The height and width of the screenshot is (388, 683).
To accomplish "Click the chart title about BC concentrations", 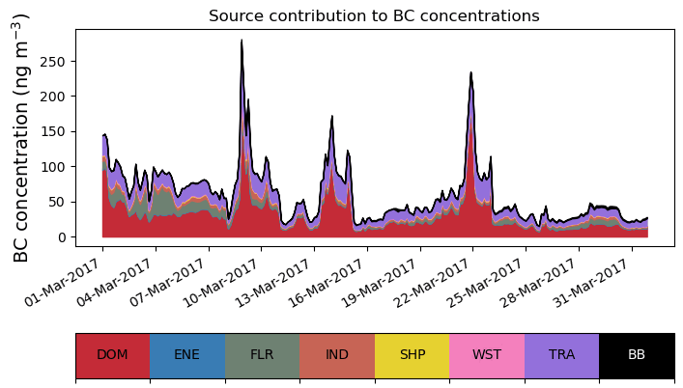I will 374,15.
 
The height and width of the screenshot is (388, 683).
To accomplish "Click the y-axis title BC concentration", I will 21,138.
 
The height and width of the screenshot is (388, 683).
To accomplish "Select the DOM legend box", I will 112,355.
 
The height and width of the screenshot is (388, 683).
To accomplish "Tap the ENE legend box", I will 187,355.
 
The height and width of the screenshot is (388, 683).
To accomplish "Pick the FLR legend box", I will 262,355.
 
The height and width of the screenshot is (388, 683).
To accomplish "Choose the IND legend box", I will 337,355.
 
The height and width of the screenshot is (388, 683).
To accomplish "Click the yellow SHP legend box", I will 412,355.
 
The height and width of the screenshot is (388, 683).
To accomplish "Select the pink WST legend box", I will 487,355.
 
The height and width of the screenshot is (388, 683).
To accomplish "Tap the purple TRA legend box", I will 561,355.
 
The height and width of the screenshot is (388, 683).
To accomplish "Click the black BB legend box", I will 637,355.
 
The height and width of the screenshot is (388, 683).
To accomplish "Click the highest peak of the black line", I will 242,41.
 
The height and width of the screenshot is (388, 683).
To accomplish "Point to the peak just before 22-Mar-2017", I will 470,72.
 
